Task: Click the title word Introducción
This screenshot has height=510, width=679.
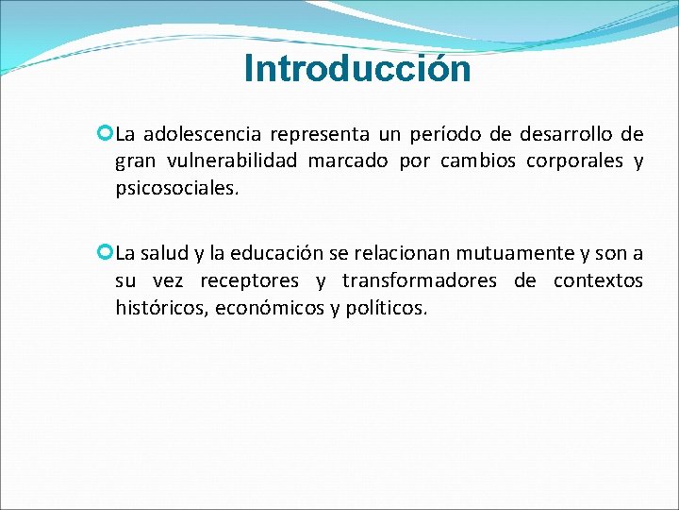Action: tap(356, 69)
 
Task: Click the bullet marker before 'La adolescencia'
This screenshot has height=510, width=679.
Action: tap(105, 132)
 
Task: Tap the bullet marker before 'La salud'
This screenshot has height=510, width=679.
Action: tap(105, 251)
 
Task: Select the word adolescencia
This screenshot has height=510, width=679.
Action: tap(201, 133)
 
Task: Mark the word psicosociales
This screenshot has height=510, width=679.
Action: tap(175, 188)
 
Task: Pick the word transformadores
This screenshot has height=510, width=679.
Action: tap(420, 280)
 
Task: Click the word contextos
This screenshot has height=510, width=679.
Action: tap(598, 280)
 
